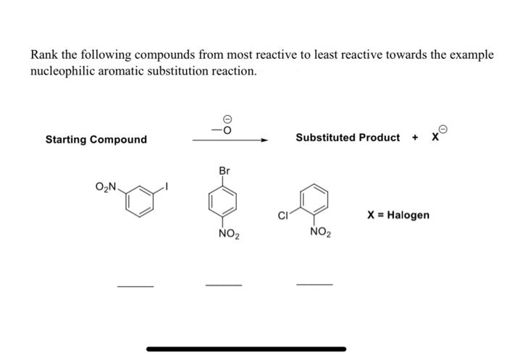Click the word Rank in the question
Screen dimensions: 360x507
tap(45, 56)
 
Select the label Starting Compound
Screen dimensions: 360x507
tap(96, 139)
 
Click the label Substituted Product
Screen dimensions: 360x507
tap(347, 137)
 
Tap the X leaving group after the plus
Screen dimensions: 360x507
tap(435, 138)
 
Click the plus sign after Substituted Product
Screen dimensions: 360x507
tap(416, 138)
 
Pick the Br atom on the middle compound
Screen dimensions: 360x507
tap(224, 171)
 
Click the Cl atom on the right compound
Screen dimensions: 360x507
tap(283, 215)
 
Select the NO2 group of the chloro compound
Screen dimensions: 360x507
tap(319, 233)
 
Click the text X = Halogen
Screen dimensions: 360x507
tap(398, 215)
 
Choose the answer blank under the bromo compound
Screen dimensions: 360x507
tap(224, 285)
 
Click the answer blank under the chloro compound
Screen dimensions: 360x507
tap(314, 284)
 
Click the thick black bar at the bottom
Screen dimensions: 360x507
tap(246, 348)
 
